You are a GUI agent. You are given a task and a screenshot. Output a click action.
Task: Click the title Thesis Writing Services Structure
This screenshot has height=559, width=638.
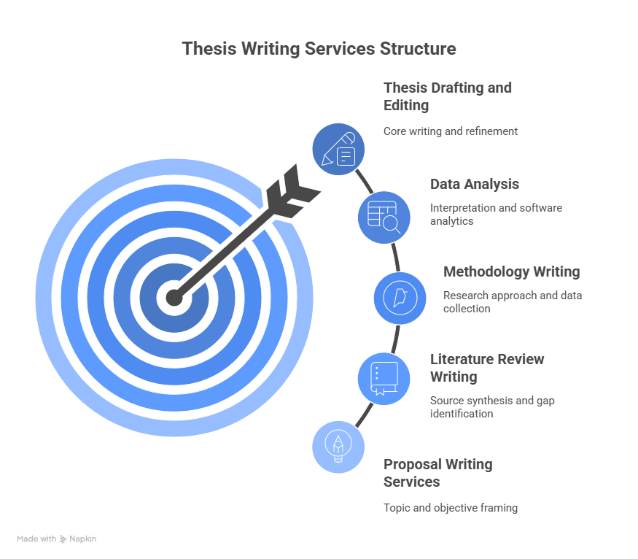pyautogui.click(x=319, y=49)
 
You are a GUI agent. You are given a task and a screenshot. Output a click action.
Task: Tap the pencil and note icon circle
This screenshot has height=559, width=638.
pyautogui.click(x=338, y=150)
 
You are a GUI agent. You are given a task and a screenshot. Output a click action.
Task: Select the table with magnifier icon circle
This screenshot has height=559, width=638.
pyautogui.click(x=384, y=217)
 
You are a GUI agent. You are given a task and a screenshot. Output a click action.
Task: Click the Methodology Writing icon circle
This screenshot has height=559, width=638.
pyautogui.click(x=400, y=298)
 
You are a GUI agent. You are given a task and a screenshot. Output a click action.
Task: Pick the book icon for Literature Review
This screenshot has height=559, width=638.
pyautogui.click(x=384, y=379)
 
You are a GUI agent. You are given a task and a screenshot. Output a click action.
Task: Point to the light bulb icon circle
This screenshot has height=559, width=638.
pyautogui.click(x=338, y=447)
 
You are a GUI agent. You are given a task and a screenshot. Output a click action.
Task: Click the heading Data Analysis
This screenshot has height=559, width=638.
pyautogui.click(x=475, y=185)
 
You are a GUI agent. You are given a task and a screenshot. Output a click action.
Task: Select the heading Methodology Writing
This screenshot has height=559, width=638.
pyautogui.click(x=511, y=271)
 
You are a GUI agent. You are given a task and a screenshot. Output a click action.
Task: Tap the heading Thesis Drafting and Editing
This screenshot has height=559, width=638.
pyautogui.click(x=448, y=96)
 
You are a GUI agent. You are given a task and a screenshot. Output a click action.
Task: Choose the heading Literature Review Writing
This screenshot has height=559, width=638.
pyautogui.click(x=487, y=368)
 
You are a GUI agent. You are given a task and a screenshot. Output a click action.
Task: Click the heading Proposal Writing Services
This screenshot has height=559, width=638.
pyautogui.click(x=437, y=473)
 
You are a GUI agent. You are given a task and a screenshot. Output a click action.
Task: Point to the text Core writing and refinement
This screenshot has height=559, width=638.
pyautogui.click(x=451, y=131)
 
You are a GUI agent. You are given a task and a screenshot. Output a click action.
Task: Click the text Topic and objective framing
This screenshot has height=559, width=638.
pyautogui.click(x=451, y=508)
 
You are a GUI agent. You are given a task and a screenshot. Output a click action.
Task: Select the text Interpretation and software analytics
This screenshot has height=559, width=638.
pyautogui.click(x=496, y=214)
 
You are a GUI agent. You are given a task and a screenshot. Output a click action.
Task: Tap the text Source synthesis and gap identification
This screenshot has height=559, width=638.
pyautogui.click(x=492, y=406)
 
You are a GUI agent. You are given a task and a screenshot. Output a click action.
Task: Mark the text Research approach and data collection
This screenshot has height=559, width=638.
pyautogui.click(x=513, y=301)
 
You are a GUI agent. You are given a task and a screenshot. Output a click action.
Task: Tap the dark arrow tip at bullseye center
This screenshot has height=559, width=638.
pyautogui.click(x=174, y=298)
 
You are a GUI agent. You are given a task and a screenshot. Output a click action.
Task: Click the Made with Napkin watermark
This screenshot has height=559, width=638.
pyautogui.click(x=57, y=539)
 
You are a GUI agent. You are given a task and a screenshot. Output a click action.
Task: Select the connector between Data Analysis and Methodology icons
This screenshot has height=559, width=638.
pyautogui.click(x=395, y=258)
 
